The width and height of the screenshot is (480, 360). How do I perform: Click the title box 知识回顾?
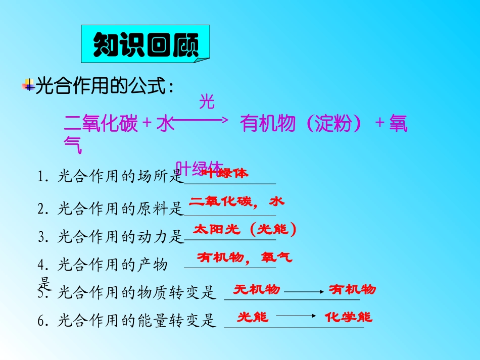tap(145, 46)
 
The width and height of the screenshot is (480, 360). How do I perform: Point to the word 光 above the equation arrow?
tap(207, 102)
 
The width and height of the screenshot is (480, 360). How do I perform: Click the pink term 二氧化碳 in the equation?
tap(101, 124)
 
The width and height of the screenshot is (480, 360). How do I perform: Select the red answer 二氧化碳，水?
tap(236, 201)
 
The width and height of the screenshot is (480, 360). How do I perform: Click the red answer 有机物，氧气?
tap(245, 258)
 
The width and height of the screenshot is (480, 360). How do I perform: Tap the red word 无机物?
tap(257, 289)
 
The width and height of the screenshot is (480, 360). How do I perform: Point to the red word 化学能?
tap(349, 317)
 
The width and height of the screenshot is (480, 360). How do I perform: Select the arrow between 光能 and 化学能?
tap(296, 317)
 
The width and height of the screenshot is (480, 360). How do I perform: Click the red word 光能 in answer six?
tap(253, 317)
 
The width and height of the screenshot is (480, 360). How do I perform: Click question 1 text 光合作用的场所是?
tap(119, 176)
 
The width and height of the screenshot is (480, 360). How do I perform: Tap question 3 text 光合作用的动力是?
tap(119, 236)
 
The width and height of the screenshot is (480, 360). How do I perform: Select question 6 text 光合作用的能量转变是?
tap(136, 321)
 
